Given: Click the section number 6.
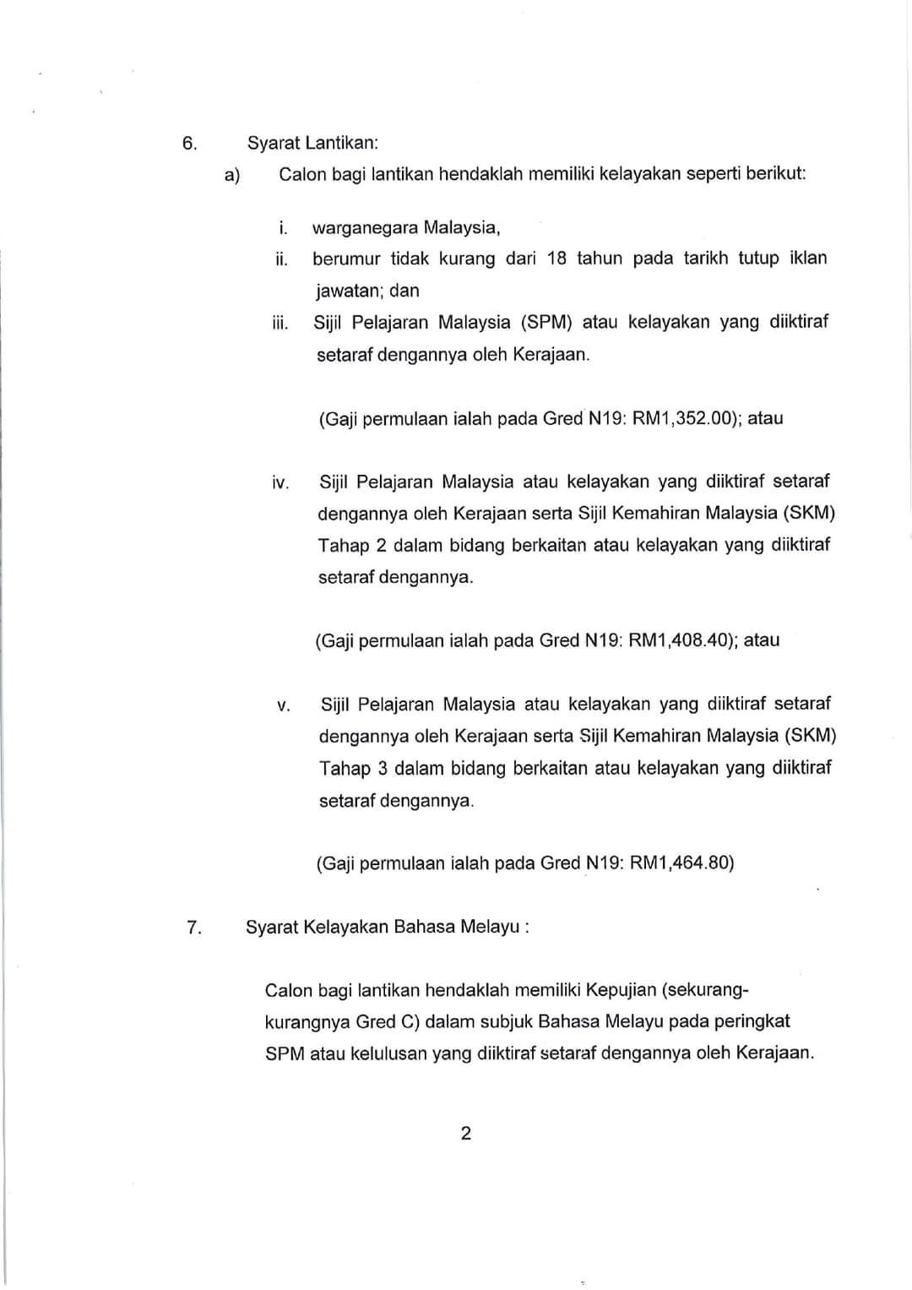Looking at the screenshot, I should click(189, 143).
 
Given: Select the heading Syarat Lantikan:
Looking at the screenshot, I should click(312, 143).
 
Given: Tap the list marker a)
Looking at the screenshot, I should click(232, 175).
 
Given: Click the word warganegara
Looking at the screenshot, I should click(364, 227).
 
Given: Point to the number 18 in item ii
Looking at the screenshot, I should click(556, 259).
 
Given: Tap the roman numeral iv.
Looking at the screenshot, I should click(280, 483).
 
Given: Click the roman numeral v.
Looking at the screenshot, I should click(283, 705).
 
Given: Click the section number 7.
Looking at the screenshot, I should click(193, 927).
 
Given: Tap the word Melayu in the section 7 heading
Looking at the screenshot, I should click(490, 927).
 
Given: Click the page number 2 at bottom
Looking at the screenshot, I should click(466, 1133).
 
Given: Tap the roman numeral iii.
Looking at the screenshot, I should click(280, 323).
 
